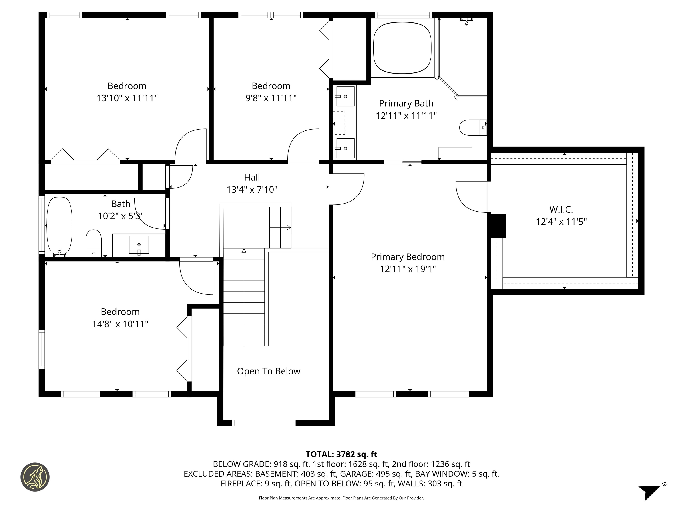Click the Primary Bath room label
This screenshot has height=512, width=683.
406,103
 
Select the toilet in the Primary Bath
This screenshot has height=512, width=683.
473,128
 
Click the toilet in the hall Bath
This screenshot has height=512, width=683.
94,243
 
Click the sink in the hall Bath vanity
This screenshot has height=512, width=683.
139,245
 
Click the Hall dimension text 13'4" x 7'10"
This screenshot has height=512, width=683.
252,190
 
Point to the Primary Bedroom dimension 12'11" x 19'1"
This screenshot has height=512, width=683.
408,269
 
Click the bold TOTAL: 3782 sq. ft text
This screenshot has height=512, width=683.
341,454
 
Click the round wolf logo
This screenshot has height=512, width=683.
35,477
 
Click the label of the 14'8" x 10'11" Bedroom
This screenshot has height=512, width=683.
120,312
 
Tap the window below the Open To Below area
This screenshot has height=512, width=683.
264,423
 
